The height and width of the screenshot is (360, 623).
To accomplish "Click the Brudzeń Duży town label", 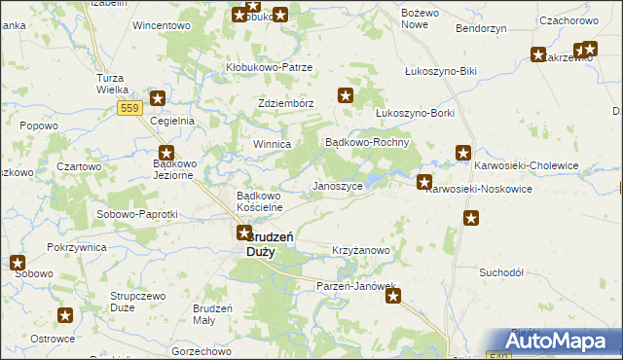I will pos(262,243).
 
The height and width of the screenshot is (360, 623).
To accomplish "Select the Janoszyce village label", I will pos(336,185).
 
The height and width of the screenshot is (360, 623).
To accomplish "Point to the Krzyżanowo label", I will pos(361,250).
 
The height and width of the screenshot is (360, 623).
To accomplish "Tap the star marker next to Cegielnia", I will pos(157,98).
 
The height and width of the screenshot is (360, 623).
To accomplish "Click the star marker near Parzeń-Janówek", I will pos(393,296).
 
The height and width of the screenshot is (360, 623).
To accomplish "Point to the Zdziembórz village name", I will pos(285,104).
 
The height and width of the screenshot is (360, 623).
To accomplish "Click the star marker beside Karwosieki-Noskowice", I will pos(424,182).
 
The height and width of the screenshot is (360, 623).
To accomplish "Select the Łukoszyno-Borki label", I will pos(416,113).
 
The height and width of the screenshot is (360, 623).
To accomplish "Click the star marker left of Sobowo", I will pos(18,262).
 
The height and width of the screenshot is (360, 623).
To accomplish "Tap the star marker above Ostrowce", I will pos(66,315).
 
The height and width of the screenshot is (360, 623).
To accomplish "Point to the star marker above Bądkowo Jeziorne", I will pos(166,153).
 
